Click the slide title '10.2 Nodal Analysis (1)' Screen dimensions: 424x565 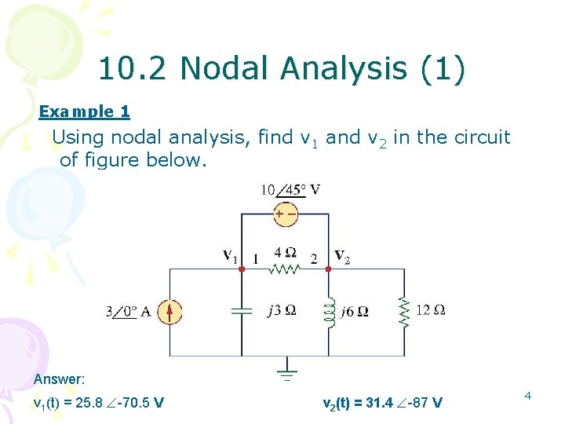(282, 69)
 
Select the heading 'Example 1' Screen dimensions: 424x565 (84, 111)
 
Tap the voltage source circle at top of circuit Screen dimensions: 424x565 (285, 214)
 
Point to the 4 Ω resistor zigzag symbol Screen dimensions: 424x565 (285, 269)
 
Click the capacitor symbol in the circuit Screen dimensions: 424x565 (242, 310)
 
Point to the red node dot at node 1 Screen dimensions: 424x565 (242, 269)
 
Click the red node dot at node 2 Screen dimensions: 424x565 (329, 269)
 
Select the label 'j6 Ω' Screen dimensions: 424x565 (355, 311)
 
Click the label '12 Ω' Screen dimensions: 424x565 (430, 310)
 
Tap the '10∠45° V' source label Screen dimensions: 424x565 (290, 189)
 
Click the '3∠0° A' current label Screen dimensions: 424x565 (128, 312)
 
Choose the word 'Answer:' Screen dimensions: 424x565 (59, 379)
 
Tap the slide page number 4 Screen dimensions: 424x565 (528, 396)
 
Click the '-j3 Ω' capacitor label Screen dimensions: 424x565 (279, 310)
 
